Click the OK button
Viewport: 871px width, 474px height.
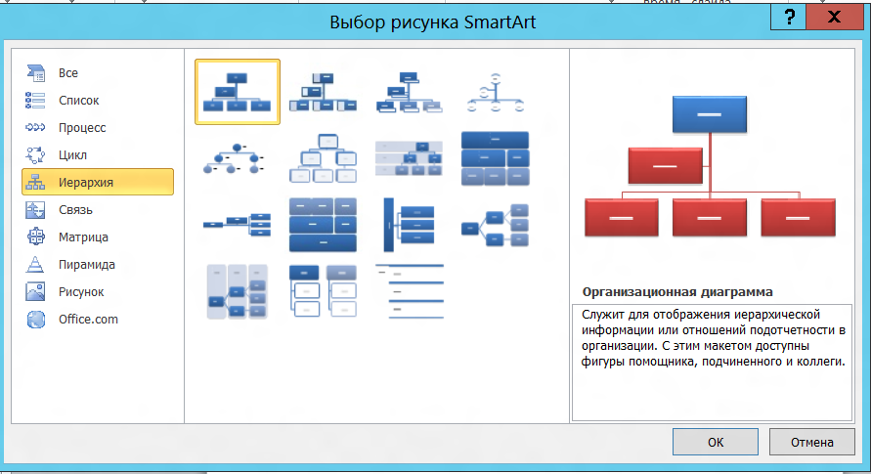715,442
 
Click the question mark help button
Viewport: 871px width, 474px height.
789,18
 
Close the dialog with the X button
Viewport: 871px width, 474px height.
834,18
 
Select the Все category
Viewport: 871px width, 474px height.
68,72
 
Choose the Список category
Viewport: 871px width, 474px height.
79,101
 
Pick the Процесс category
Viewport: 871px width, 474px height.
82,128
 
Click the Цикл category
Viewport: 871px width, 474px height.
72,154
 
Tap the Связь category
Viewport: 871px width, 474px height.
75,210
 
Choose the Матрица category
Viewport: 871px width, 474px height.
83,237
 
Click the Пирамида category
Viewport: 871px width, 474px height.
87,265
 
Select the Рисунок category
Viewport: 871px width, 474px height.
81,292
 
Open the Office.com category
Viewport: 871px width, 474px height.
88,320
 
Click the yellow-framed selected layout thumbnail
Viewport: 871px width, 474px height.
238,92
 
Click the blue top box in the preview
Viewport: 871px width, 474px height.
710,114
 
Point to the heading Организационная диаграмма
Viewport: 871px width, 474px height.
677,292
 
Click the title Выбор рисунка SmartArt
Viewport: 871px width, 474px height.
433,22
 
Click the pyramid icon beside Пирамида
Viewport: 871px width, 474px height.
35,264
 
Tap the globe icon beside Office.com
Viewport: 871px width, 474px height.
35,320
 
